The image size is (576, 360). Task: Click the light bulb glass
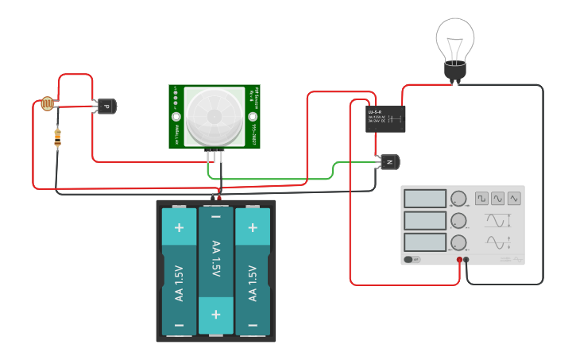[x=455, y=37]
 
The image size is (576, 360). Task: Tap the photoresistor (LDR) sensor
[x=47, y=104]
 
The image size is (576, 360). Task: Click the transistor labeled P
[x=105, y=106]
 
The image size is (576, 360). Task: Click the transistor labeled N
[x=389, y=162]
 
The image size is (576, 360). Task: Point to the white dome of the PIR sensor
[x=215, y=116]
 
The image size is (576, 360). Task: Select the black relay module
[x=385, y=119]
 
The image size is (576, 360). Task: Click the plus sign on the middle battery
[x=215, y=314]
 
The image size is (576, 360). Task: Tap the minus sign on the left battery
[x=179, y=326]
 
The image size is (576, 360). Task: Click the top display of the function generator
[x=423, y=199]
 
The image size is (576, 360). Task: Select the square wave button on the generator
[x=481, y=198]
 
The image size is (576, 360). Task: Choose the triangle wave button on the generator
[x=514, y=198]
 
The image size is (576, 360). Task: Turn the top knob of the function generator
[x=458, y=199]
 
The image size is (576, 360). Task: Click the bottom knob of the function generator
[x=458, y=242]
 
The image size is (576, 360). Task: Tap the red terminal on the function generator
[x=459, y=260]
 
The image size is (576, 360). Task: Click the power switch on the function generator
[x=412, y=259]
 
